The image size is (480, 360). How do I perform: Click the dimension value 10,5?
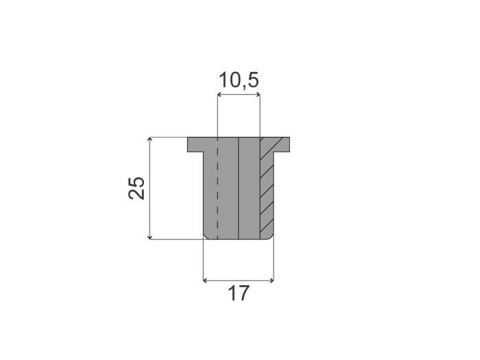point(239,80)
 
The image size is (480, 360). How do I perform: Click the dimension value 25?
point(136,188)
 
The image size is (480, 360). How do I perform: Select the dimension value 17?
point(238,294)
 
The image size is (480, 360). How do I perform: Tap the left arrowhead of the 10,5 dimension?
point(219,96)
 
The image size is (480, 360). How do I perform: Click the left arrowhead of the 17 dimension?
point(207,280)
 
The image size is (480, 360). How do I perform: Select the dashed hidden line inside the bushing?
point(217,192)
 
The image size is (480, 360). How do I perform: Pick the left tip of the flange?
point(189,145)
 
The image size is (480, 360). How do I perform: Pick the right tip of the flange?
point(289,145)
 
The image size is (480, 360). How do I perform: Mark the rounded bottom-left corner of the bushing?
point(206,235)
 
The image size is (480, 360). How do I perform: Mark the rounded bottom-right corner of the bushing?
point(272,235)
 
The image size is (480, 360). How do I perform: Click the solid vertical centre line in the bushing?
point(238,192)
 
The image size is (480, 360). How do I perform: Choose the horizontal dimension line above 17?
point(239,280)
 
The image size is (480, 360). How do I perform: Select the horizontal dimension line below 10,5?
point(239,96)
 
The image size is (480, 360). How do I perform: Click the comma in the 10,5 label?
point(241,88)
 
